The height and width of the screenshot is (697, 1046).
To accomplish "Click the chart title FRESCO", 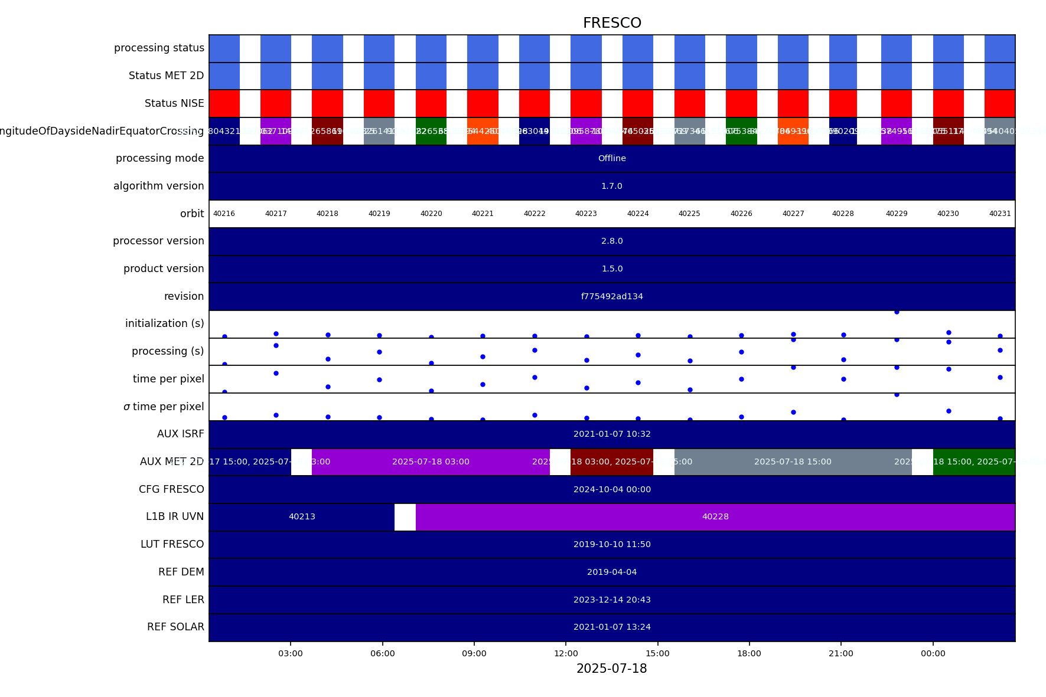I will point(612,23).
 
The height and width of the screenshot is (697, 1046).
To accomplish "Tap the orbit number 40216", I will point(224,214).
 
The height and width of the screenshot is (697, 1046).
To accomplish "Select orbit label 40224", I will point(638,214).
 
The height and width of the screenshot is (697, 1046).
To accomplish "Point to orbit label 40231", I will point(1000,214).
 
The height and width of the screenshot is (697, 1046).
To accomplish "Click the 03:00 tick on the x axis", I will point(291,653).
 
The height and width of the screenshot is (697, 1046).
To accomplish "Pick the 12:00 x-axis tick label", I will point(566,653).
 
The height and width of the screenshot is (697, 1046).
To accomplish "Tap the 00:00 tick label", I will point(933,653).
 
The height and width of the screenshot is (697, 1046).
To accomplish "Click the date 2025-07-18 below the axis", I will point(611,669).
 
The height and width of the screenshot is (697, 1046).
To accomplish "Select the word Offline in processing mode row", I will point(612,158).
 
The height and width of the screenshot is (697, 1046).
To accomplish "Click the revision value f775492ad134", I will point(612,296).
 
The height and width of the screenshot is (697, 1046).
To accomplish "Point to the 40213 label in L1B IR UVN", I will point(302,516).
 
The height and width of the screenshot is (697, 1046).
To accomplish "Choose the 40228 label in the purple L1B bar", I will point(715,516).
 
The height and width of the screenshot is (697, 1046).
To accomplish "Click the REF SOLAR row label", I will point(175,627).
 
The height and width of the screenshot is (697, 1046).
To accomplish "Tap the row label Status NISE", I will point(174,103).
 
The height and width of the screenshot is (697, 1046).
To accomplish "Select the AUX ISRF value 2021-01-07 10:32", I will point(612,434).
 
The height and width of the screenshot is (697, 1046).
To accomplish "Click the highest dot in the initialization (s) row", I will point(897,312).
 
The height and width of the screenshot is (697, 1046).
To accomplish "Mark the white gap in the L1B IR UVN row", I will point(405,517).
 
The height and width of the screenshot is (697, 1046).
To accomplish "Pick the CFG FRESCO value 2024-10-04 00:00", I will point(612,489).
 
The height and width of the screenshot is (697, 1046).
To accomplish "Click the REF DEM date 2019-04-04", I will point(612,572).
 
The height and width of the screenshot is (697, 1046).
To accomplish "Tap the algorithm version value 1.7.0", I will point(612,186).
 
